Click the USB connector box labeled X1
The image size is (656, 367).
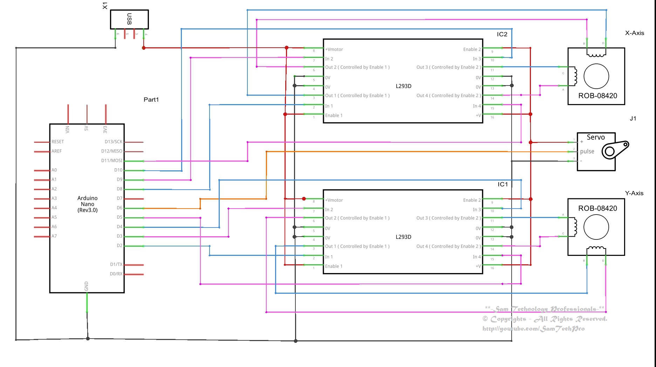click(129, 19)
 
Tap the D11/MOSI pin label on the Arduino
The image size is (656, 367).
click(112, 161)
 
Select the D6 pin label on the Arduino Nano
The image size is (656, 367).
click(119, 208)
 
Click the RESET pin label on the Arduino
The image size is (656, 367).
click(57, 142)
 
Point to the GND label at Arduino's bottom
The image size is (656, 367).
click(87, 286)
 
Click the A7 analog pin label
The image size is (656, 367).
click(54, 236)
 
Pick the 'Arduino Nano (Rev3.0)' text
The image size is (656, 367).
click(87, 204)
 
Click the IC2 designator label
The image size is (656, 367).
click(502, 34)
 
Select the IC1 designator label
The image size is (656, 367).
click(503, 184)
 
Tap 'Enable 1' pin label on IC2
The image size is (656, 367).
click(334, 115)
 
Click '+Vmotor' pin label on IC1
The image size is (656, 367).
click(334, 200)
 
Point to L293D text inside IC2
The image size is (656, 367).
click(403, 86)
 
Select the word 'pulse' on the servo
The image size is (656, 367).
click(587, 151)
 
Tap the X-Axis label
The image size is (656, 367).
click(634, 33)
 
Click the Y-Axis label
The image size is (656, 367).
click(634, 193)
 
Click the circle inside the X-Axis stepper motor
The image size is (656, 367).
click(596, 76)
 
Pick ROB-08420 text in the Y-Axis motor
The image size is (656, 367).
click(597, 208)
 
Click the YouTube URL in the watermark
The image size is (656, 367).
click(533, 329)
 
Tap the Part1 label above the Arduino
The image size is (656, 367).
click(151, 100)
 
